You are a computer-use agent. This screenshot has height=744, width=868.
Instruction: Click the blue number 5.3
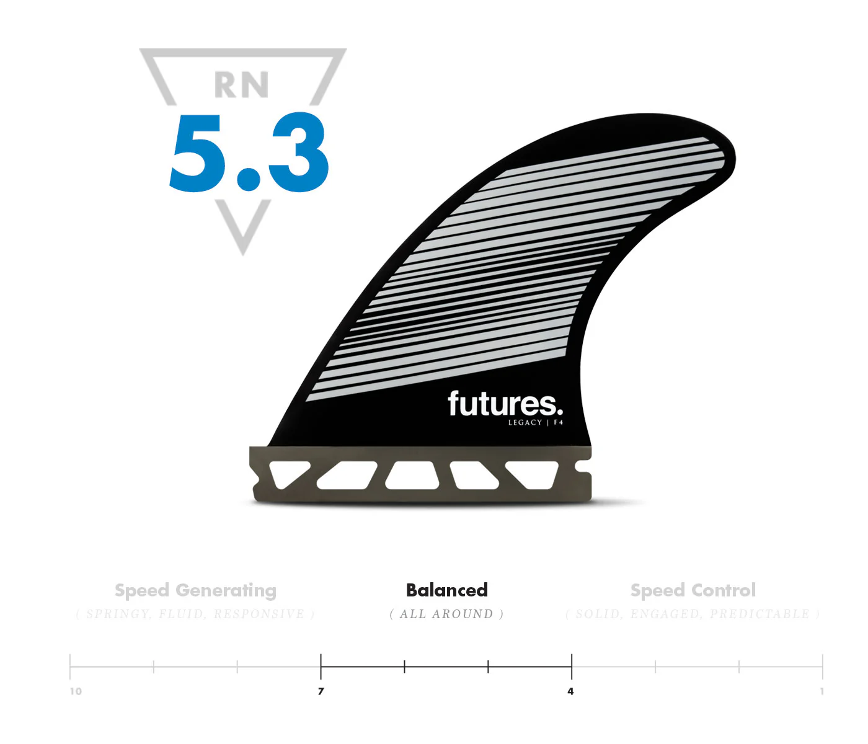click(249, 153)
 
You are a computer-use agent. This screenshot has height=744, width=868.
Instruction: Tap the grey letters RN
click(241, 85)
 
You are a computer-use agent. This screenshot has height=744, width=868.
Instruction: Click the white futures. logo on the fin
click(505, 404)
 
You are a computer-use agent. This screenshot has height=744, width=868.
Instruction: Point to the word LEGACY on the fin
click(525, 423)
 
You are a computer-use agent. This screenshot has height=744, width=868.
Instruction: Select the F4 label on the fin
click(559, 423)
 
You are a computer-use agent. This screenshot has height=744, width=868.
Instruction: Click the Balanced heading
click(446, 590)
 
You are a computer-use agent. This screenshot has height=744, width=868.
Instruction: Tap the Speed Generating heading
click(195, 590)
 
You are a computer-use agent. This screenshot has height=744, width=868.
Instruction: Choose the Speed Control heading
click(693, 590)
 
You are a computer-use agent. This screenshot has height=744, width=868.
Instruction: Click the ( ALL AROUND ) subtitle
click(446, 614)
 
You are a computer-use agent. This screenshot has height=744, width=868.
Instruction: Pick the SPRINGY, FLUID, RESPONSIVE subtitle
click(195, 614)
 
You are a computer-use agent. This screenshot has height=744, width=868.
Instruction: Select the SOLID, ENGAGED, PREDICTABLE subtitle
click(693, 614)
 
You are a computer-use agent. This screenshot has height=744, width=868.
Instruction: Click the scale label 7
click(321, 691)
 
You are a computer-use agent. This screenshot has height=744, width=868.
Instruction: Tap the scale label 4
click(570, 691)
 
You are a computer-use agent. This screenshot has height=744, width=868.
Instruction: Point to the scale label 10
click(76, 691)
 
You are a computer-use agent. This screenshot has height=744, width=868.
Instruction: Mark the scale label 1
click(822, 691)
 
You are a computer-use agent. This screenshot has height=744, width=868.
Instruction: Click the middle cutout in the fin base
click(412, 475)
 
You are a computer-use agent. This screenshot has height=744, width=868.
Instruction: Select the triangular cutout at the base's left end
click(285, 472)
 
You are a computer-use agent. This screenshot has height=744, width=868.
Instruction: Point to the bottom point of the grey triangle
click(243, 251)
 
